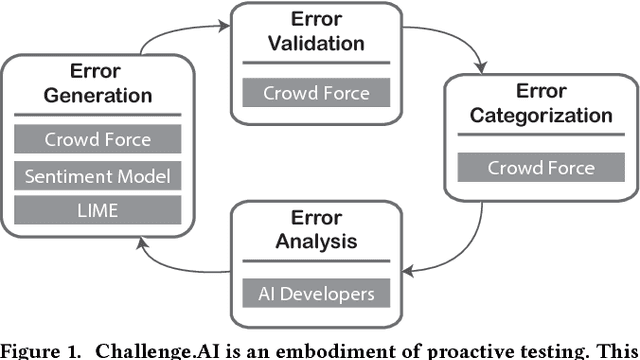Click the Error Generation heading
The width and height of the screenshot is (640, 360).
[98, 83]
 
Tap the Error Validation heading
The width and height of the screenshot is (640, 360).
[316, 31]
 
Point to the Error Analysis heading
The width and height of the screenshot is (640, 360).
[316, 228]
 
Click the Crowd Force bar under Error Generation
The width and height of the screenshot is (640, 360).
[98, 140]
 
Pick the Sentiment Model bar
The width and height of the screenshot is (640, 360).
[98, 176]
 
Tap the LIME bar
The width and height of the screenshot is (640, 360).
[98, 210]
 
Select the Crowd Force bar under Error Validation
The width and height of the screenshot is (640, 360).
[316, 94]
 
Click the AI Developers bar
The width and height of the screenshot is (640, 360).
[316, 293]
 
